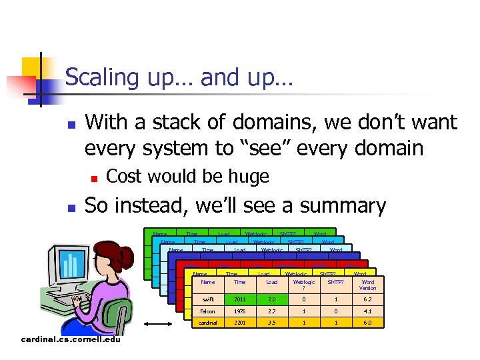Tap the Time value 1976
point(239,312)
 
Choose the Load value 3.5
point(271,323)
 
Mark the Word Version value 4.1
point(367,312)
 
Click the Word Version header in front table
point(367,285)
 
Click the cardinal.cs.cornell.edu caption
point(71,339)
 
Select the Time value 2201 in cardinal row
point(239,323)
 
